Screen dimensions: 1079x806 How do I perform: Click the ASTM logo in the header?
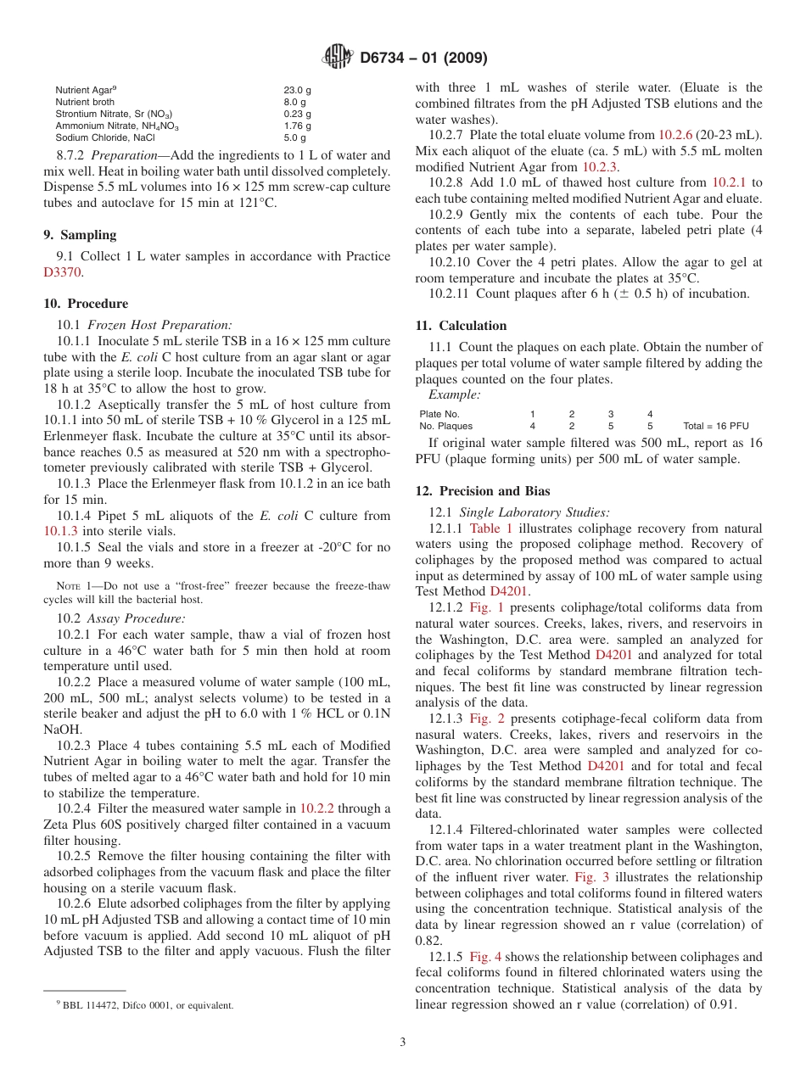coord(337,58)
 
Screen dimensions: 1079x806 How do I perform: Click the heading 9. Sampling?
coord(80,235)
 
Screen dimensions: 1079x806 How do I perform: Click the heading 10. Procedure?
coord(86,304)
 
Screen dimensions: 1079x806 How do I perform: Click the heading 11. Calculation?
coord(461,326)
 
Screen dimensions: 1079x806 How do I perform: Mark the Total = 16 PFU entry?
coord(715,426)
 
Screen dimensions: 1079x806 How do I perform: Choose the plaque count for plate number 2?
coord(571,426)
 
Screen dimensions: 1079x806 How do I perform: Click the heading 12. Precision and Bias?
coord(482,491)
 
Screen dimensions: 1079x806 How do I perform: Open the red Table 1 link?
coord(490,528)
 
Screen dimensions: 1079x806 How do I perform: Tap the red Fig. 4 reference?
coord(485,957)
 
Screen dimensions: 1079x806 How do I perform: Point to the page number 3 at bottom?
coord(403,1042)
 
